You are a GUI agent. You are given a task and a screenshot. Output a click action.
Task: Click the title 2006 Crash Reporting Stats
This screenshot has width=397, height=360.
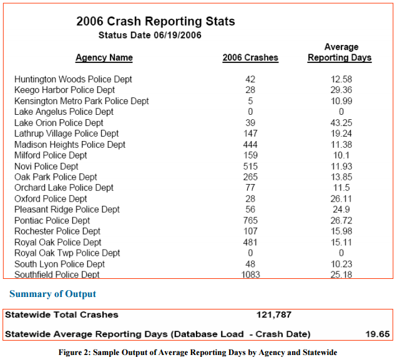(155, 21)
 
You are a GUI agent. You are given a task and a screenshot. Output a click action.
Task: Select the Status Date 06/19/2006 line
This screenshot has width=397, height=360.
(150, 35)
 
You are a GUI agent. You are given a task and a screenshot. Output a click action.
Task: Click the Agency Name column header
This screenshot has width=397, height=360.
(104, 57)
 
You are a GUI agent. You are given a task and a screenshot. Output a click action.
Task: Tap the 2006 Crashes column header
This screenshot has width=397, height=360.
(250, 57)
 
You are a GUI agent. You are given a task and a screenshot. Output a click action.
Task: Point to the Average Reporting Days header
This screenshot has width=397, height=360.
(340, 52)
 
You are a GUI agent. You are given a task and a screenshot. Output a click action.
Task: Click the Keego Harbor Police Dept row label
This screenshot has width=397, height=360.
(64, 90)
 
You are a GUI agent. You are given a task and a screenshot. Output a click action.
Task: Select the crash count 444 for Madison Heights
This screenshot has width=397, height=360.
(250, 145)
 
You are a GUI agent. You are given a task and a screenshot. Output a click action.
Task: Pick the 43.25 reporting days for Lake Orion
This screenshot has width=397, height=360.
(341, 123)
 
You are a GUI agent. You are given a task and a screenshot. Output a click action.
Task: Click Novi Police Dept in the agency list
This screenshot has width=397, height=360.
(46, 166)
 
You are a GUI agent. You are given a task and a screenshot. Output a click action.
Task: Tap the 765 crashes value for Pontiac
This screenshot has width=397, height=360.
(250, 220)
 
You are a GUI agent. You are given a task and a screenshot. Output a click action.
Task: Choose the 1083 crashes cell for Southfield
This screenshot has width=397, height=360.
(250, 275)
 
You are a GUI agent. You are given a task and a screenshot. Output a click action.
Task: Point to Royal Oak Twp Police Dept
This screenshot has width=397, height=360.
(67, 253)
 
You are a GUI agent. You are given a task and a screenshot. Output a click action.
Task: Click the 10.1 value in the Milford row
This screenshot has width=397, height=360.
(341, 155)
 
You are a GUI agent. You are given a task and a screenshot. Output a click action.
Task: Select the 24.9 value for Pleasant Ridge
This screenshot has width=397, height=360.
(341, 210)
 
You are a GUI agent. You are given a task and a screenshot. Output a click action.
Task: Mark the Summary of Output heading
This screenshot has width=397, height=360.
(52, 294)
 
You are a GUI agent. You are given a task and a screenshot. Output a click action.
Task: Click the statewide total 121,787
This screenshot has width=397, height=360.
(274, 314)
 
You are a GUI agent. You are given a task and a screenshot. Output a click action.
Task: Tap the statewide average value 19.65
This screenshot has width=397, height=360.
(378, 334)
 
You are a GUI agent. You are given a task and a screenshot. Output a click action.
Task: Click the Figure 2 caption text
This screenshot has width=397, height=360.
(198, 353)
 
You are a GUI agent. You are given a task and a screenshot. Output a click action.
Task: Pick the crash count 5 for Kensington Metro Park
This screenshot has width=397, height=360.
(250, 101)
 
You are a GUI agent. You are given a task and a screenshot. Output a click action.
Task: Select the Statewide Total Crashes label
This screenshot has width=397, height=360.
(62, 314)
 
